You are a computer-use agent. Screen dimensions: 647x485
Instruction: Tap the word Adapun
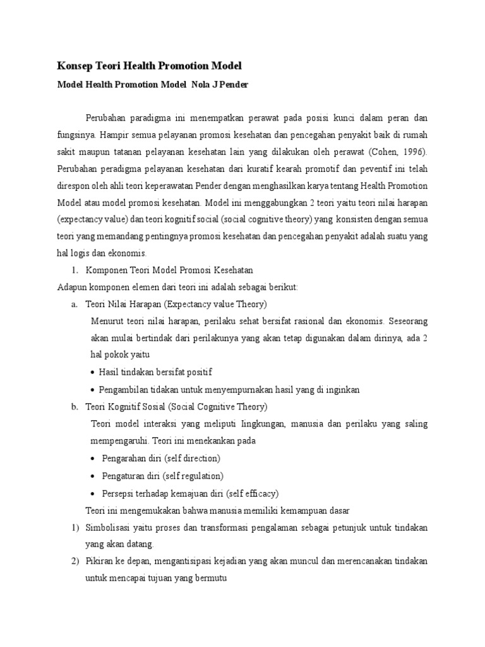pyautogui.click(x=71, y=287)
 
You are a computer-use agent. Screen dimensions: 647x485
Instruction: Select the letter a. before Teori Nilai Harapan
pyautogui.click(x=75, y=305)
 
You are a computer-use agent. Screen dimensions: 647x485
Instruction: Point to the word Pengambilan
pyautogui.click(x=125, y=390)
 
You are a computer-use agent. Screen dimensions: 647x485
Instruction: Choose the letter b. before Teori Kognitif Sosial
pyautogui.click(x=75, y=407)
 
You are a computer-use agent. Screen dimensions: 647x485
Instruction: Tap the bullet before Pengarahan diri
pyautogui.click(x=93, y=458)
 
